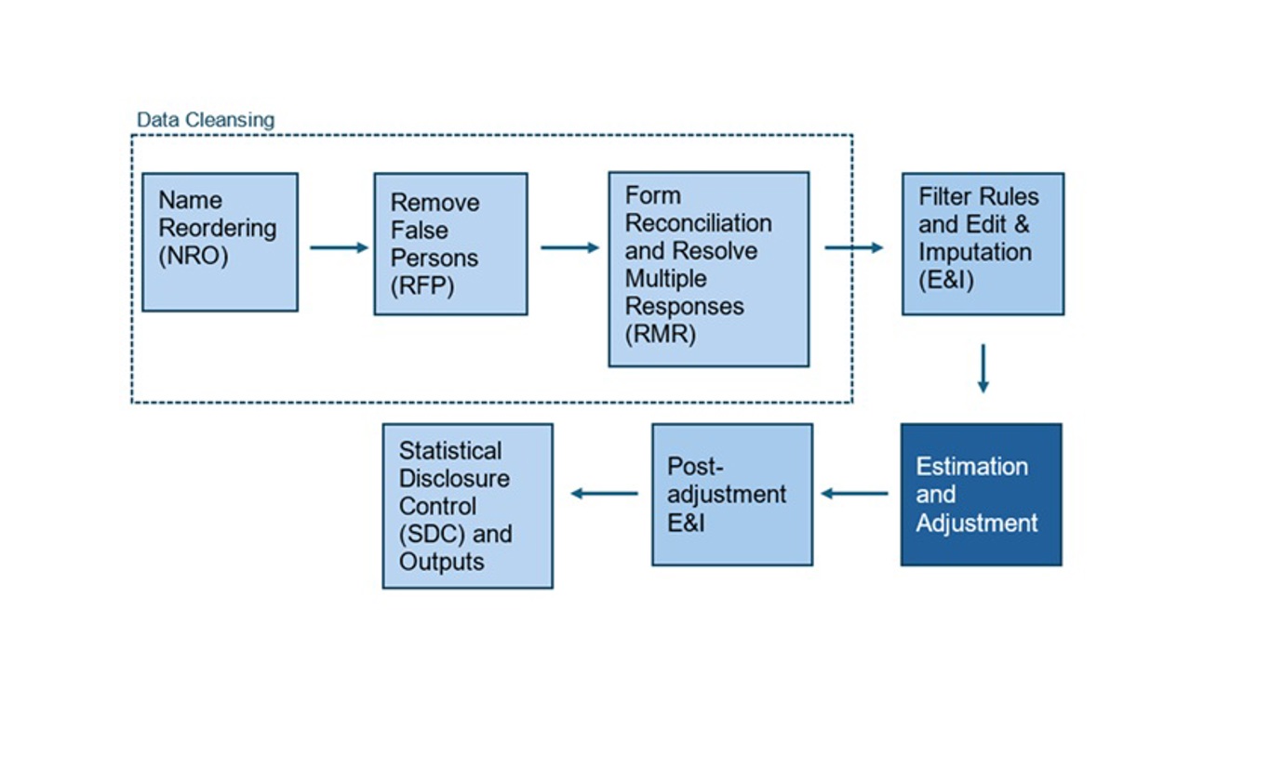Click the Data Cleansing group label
coord(206,120)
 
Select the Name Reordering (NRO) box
coord(220,242)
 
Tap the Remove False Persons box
coord(450,244)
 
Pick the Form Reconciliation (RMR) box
coord(708,269)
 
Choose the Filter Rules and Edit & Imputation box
coord(983,244)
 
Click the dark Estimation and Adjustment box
coord(981,495)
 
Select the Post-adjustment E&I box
coord(731,495)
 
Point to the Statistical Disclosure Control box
coord(467,506)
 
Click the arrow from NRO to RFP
coord(339,247)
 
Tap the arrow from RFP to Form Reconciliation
coord(569,247)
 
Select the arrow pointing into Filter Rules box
coord(853,247)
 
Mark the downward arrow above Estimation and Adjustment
coord(983,368)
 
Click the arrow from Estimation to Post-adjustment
coord(854,493)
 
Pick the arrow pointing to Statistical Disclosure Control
coord(604,493)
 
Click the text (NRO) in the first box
coord(193,256)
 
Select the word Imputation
coord(974,252)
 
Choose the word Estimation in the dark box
coord(971,466)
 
